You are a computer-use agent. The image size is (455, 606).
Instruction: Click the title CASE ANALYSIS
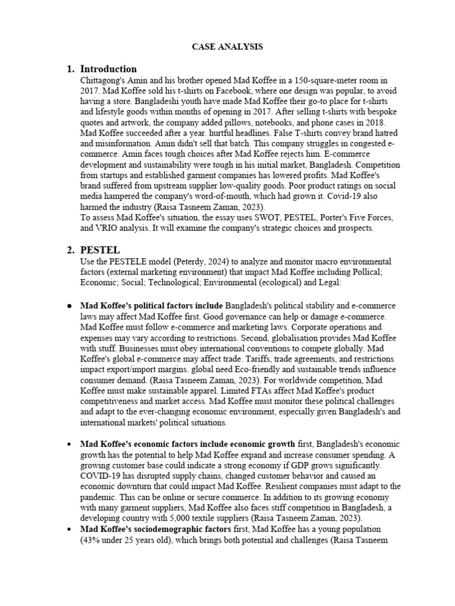point(227,46)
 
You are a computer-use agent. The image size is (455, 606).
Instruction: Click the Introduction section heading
point(108,69)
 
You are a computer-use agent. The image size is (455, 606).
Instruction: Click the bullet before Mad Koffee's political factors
point(70,305)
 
